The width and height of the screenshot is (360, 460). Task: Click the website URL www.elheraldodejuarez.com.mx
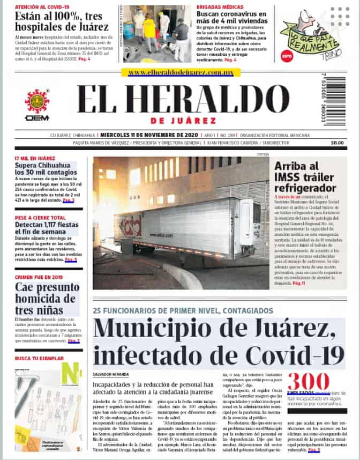pyautogui.click(x=181, y=72)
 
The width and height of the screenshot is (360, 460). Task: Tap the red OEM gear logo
pyautogui.click(x=37, y=101)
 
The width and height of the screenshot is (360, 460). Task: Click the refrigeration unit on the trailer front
pyautogui.click(x=250, y=221)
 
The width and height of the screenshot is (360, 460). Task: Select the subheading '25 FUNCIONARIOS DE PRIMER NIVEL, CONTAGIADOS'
pyautogui.click(x=183, y=311)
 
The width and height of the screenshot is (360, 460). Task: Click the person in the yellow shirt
pyautogui.click(x=149, y=31)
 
